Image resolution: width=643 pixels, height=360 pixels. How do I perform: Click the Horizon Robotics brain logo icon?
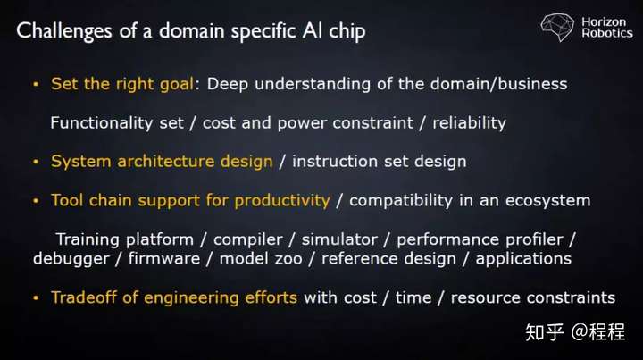pos(557,27)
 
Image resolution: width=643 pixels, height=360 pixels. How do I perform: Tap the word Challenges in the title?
pos(64,31)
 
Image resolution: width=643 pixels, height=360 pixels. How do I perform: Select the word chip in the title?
pos(347,31)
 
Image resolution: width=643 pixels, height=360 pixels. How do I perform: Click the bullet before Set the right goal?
pos(36,84)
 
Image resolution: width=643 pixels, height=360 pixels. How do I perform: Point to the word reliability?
pos(469,122)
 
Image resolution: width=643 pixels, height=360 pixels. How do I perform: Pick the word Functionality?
pos(101,122)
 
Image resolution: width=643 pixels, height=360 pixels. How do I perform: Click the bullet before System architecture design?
pos(36,162)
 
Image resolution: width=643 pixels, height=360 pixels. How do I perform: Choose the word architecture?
pos(166,161)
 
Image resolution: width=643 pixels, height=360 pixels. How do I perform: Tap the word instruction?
pos(335,161)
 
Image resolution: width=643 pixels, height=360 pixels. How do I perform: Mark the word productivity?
pos(282,200)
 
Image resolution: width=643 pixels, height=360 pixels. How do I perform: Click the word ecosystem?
pos(547,200)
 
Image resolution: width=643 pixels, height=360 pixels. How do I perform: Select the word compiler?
pos(248,239)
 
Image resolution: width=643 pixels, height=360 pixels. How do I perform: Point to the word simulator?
pos(339,239)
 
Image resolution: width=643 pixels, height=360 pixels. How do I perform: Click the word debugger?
pos(71,259)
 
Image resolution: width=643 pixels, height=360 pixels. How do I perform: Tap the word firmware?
pos(164,259)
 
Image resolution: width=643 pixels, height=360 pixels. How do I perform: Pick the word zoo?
pos(289,259)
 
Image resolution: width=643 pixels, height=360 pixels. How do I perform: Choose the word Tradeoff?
pos(84,297)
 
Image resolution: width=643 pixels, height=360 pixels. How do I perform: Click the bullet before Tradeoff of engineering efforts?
pos(36,297)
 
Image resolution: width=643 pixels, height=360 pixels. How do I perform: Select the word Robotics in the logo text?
pos(607,33)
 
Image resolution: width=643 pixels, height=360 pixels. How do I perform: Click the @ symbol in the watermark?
pos(579,331)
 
